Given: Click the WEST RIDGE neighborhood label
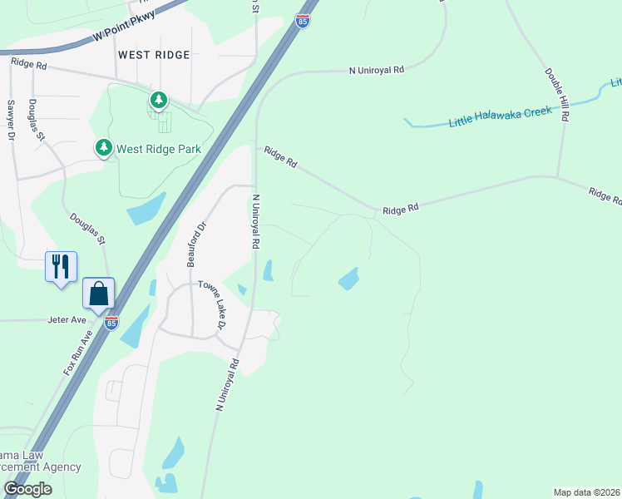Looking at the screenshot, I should pyautogui.click(x=154, y=55).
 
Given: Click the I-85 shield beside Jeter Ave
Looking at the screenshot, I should pyautogui.click(x=111, y=323).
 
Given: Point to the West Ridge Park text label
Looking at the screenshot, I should pyautogui.click(x=158, y=150).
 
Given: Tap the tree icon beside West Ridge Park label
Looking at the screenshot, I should pyautogui.click(x=103, y=148).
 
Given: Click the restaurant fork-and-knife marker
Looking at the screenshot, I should pyautogui.click(x=61, y=267).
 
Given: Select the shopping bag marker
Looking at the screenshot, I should pyautogui.click(x=99, y=294).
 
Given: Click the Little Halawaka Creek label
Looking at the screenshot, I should pyautogui.click(x=501, y=116).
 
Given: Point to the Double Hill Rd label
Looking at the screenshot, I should pyautogui.click(x=558, y=95).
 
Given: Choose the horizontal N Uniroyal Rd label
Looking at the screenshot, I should pyautogui.click(x=376, y=72).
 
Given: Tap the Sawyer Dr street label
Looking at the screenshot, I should pyautogui.click(x=12, y=120).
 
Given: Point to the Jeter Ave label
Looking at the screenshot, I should pyautogui.click(x=67, y=319).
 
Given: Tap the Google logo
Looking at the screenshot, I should pyautogui.click(x=27, y=489).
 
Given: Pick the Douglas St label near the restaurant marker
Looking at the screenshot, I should pyautogui.click(x=88, y=227).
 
